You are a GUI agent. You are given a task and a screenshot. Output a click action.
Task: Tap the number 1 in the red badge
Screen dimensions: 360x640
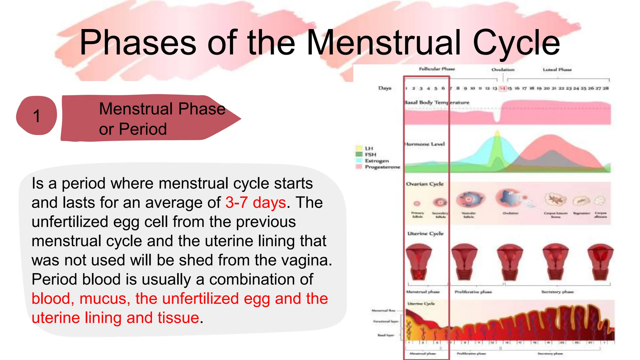[37, 116]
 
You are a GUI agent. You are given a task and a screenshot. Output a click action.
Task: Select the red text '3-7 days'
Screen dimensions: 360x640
[256, 202]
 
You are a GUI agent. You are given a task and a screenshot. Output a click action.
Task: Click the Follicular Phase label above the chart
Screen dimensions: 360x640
[437, 69]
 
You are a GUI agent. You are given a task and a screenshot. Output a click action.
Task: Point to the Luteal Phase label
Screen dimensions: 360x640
[557, 70]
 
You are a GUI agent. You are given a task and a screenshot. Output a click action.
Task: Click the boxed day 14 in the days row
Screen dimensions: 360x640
[502, 88]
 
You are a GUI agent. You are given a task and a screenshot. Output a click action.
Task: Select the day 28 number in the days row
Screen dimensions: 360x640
[606, 88]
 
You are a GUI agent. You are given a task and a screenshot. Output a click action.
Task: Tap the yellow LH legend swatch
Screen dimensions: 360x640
[359, 148]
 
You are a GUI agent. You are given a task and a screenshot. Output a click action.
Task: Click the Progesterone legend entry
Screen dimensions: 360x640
[382, 167]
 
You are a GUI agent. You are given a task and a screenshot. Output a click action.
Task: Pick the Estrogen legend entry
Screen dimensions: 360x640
[377, 161]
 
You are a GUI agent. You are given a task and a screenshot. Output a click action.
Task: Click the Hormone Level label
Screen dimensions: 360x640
[425, 144]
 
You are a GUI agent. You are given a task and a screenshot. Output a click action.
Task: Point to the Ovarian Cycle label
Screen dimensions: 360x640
[425, 184]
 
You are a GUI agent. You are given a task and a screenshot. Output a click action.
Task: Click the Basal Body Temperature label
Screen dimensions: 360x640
[437, 102]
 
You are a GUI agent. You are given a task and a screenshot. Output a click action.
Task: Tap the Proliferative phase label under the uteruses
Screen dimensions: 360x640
[473, 292]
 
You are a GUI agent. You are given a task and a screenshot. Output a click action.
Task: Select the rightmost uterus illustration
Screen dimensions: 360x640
[600, 262]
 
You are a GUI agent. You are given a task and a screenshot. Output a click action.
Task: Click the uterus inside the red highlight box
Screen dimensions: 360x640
[418, 262]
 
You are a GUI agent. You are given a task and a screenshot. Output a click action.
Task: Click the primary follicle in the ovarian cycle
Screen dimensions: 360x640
[417, 203]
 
